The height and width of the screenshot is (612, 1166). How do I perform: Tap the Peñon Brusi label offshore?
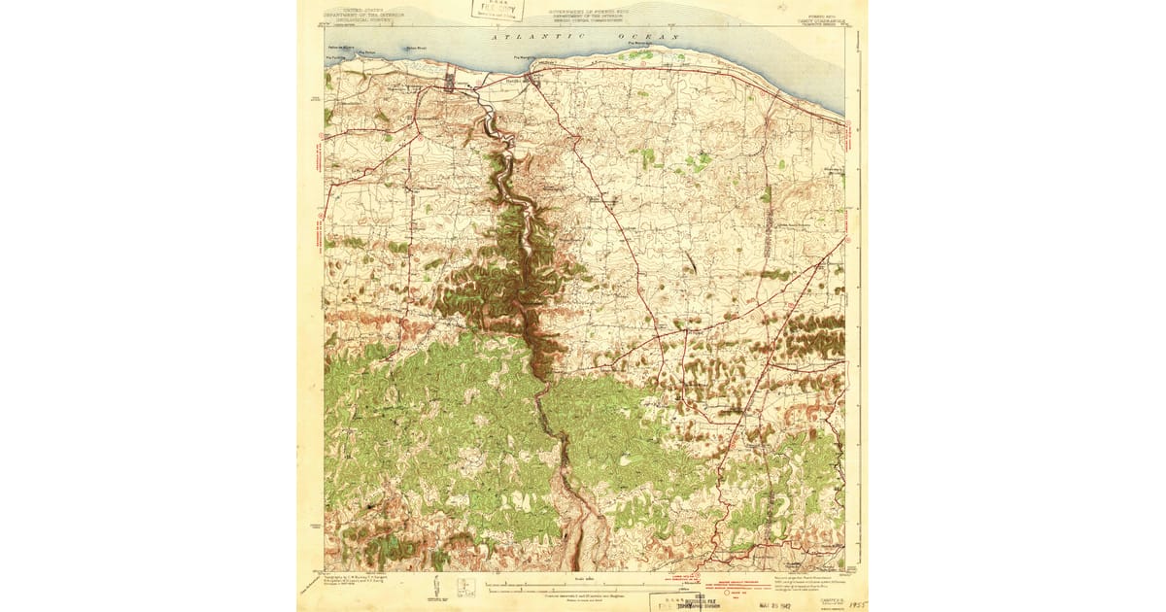point(416,49)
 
